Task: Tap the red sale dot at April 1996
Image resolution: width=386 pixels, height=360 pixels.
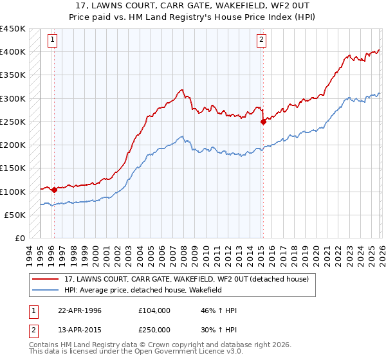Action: [54, 190]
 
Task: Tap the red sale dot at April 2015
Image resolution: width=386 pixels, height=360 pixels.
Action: [262, 122]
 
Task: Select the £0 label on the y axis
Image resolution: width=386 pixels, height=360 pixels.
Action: [20, 239]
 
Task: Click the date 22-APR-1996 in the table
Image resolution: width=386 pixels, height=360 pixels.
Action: [80, 310]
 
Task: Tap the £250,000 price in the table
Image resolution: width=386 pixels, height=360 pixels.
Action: [155, 328]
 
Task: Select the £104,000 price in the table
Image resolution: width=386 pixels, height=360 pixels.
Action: [155, 310]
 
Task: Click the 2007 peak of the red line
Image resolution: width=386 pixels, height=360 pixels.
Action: [182, 90]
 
